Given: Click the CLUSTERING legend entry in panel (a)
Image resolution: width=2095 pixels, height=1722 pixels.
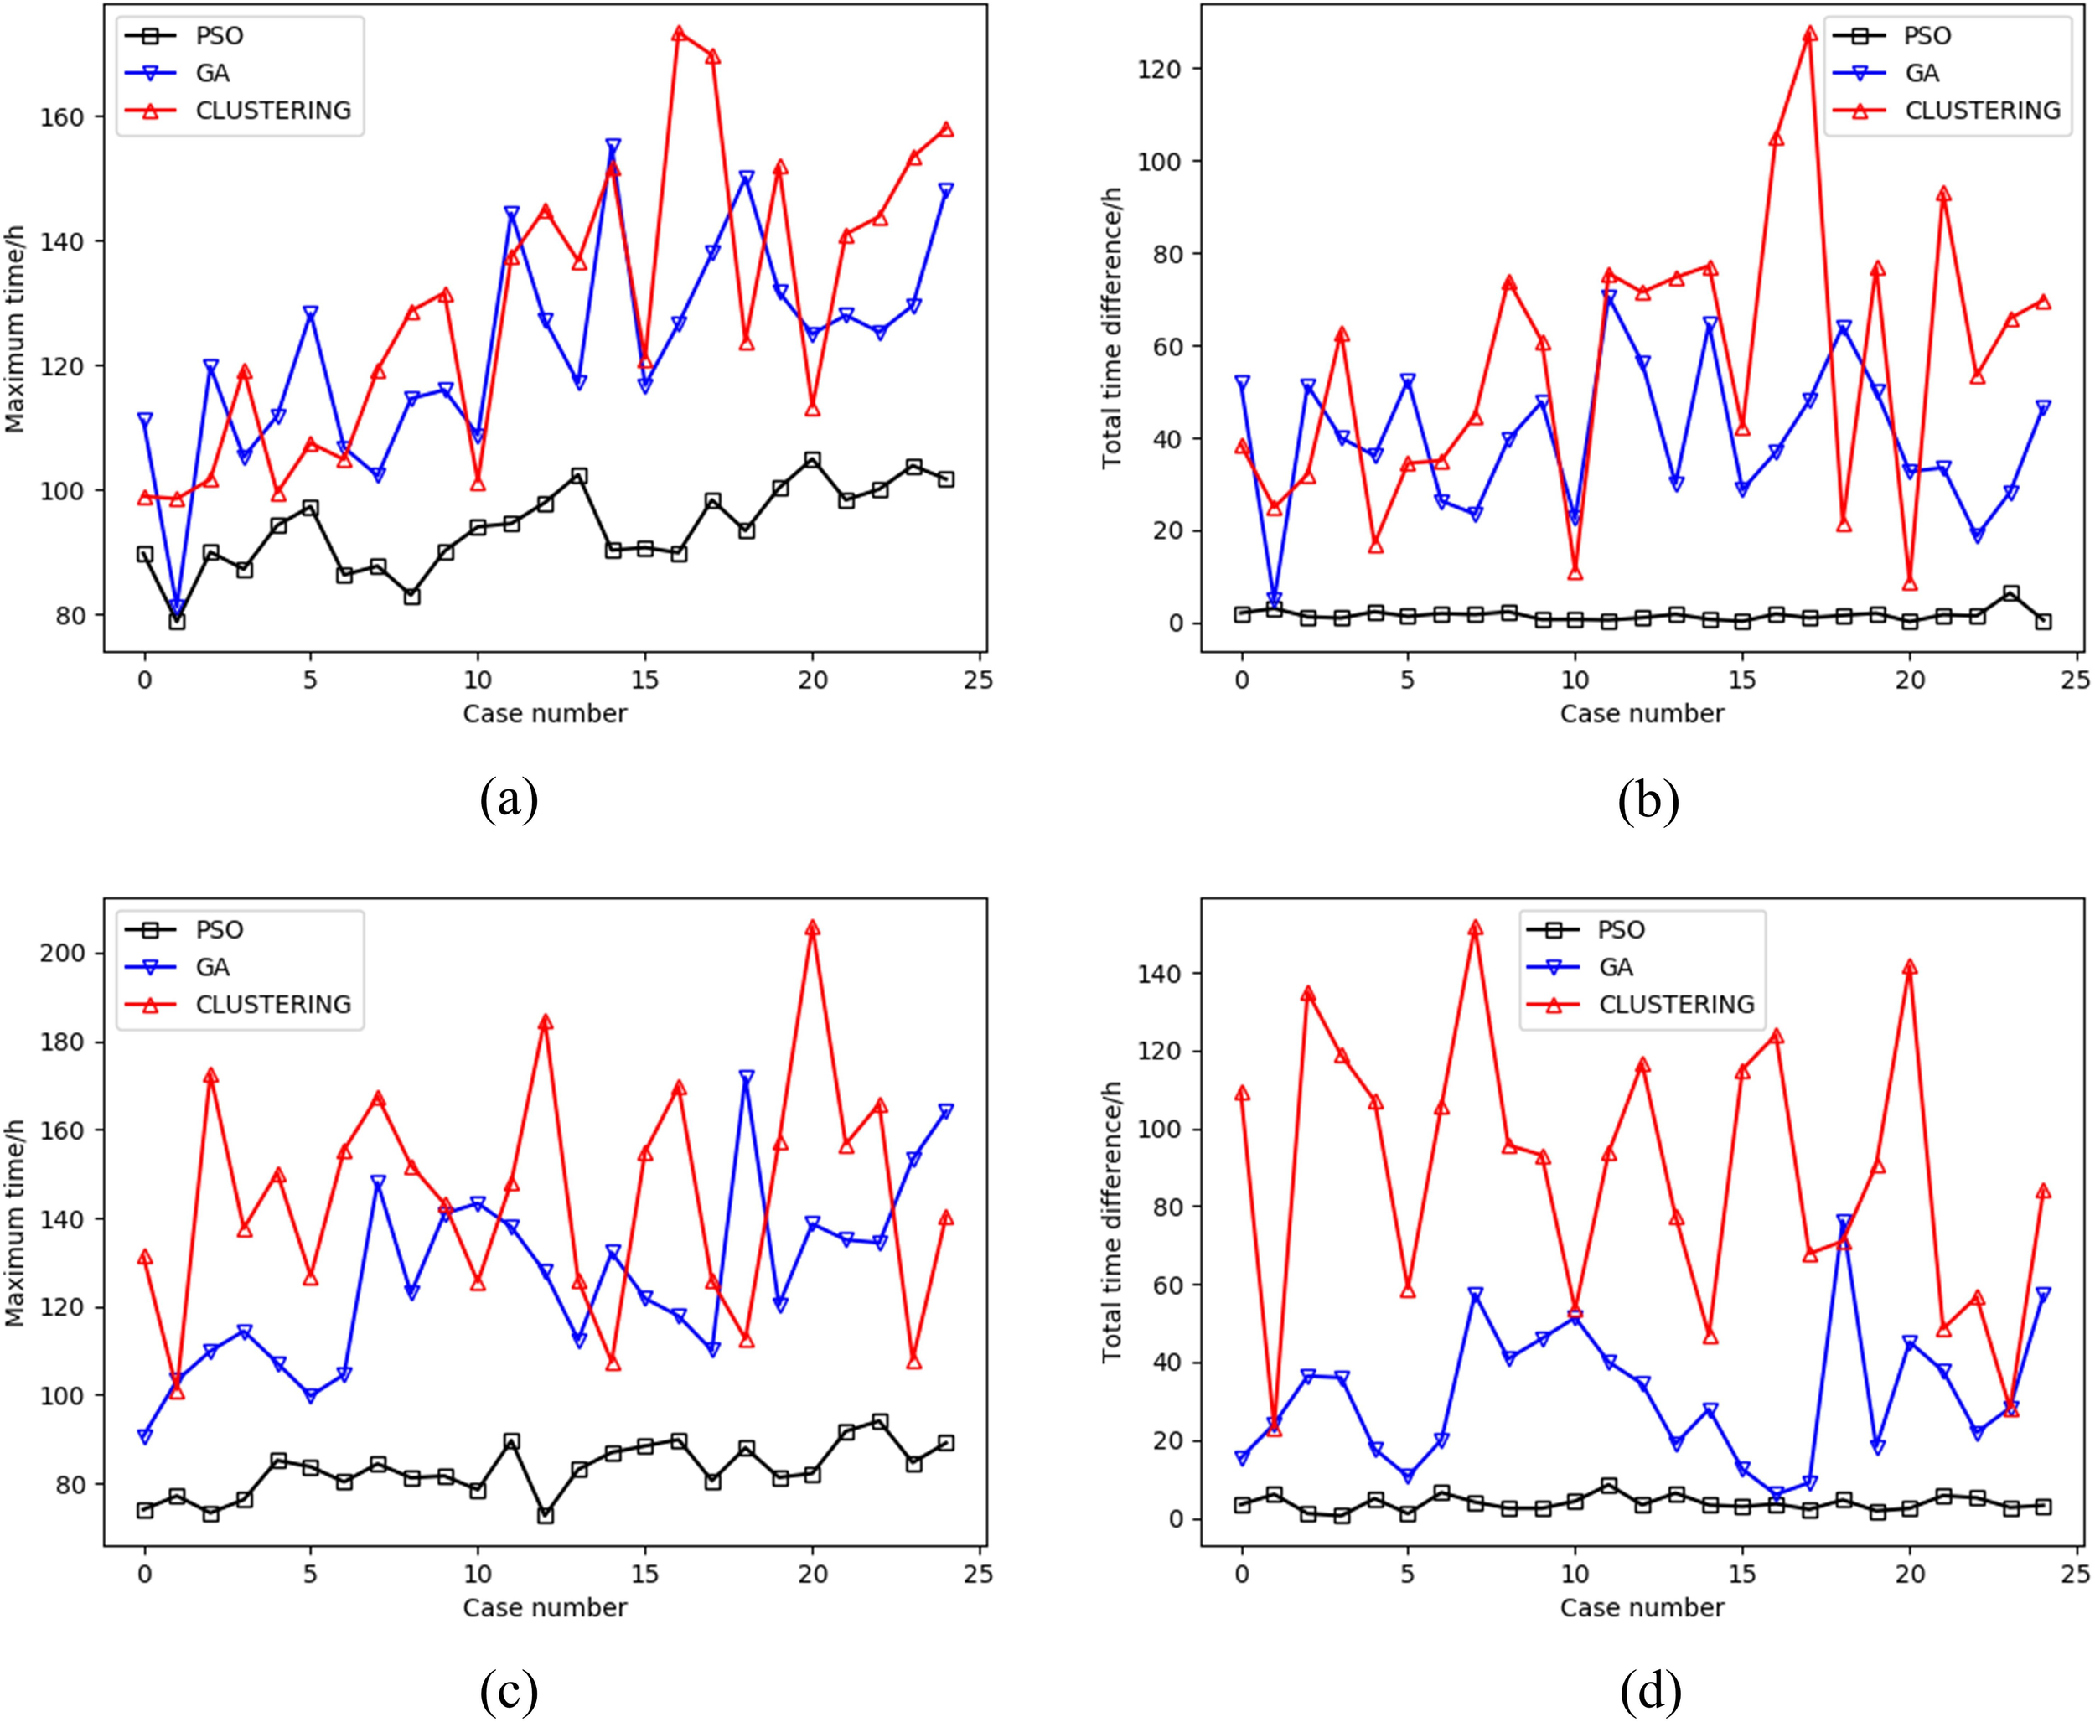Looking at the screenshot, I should coord(273,110).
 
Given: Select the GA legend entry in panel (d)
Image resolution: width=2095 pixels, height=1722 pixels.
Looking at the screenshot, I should coord(1616,966).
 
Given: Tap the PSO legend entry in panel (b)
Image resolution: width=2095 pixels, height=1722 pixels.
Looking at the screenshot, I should coord(1927,36).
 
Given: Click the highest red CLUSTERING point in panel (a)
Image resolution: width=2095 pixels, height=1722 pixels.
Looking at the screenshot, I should coord(679,33).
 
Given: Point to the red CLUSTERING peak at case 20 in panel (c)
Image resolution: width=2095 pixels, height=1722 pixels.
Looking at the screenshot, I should coord(812,928).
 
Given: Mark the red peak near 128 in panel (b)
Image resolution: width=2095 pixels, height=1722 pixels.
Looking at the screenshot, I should coord(1809,33).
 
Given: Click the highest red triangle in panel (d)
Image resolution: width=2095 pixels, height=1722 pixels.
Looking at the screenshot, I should coord(1475,928).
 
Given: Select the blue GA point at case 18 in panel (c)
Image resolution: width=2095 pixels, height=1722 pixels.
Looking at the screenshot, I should coord(746,1076).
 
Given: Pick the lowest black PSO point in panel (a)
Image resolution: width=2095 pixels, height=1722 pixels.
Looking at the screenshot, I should coord(177,621).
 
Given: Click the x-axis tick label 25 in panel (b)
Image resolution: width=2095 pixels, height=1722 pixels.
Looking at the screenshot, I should coord(2075,680).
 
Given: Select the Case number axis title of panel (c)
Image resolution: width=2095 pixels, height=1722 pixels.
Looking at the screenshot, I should coord(545,1607).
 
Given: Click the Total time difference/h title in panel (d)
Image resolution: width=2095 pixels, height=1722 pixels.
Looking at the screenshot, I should coord(1111,1221).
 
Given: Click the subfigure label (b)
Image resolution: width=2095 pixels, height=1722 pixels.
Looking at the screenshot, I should coord(1648,799).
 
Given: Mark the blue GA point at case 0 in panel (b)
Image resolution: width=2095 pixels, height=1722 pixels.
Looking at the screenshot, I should coord(1242,382).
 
